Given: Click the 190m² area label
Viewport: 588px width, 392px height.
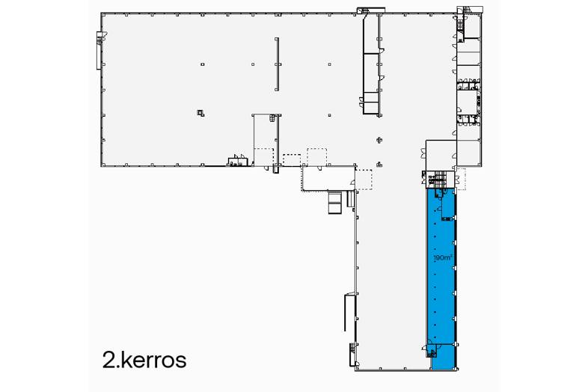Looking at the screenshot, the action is point(443,257).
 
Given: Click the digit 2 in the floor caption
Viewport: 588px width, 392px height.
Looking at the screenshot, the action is point(108,360).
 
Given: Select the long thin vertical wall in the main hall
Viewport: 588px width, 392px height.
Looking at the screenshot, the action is point(277,64).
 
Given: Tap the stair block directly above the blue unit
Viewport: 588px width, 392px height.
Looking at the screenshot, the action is point(438,178).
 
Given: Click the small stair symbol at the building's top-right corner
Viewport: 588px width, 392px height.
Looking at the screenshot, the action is point(460,23).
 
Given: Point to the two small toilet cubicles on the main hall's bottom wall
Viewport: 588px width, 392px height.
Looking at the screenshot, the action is point(238,161).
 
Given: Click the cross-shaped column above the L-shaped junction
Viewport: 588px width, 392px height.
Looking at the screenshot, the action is point(379,140).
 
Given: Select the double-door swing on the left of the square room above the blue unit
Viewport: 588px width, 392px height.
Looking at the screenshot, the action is point(423,153).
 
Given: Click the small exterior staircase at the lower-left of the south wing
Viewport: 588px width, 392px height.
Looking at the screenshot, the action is point(352,353).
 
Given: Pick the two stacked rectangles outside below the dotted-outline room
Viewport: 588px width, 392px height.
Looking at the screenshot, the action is point(334,203).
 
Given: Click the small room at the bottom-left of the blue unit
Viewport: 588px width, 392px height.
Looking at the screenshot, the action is point(432,352).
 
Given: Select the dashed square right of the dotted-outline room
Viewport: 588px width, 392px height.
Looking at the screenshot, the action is point(364,180).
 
